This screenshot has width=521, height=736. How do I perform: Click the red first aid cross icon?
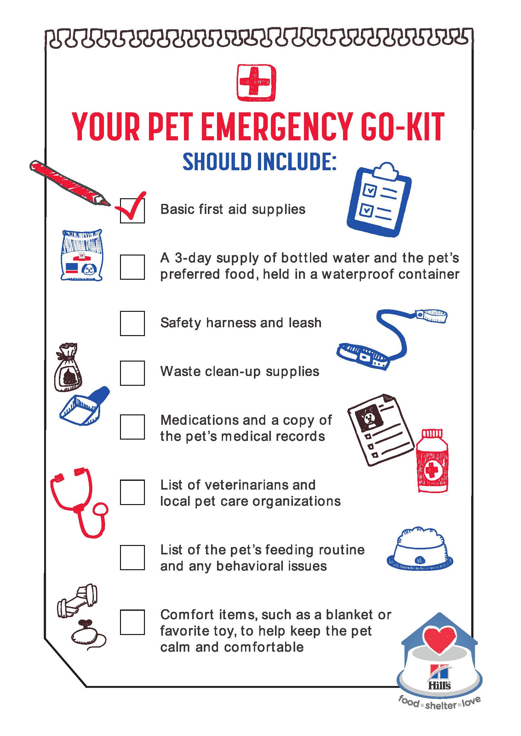pyautogui.click(x=256, y=82)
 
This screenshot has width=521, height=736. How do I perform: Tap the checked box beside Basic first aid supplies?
pyautogui.click(x=132, y=211)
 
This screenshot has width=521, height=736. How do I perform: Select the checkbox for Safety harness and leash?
pyautogui.click(x=132, y=323)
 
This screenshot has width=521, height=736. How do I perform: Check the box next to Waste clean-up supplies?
pyautogui.click(x=132, y=373)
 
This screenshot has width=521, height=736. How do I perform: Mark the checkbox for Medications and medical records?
pyautogui.click(x=132, y=427)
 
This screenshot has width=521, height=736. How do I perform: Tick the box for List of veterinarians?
pyautogui.click(x=132, y=492)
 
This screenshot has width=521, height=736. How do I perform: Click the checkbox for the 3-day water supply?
pyautogui.click(x=132, y=267)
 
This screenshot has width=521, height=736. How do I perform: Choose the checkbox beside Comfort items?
pyautogui.click(x=132, y=622)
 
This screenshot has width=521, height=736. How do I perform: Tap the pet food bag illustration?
pyautogui.click(x=82, y=255)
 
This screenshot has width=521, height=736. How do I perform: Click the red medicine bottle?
pyautogui.click(x=432, y=460)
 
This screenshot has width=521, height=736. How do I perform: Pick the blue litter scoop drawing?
pyautogui.click(x=84, y=406)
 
